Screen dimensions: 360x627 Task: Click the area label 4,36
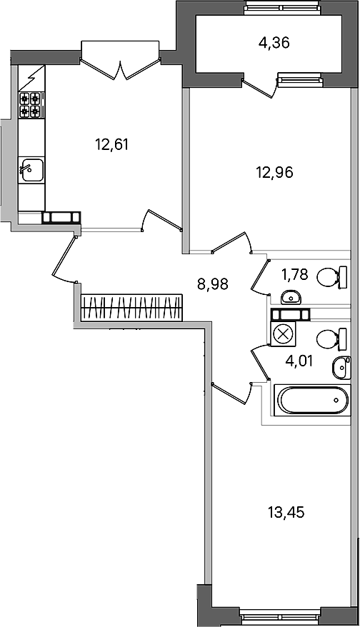274,42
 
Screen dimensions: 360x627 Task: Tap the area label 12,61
111,144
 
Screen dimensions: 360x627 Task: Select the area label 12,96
274,172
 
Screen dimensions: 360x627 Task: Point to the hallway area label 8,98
213,284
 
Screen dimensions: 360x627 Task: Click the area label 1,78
294,275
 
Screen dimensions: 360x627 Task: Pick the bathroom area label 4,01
299,361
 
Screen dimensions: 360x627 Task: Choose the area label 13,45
286,511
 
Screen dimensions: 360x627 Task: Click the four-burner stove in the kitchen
31,105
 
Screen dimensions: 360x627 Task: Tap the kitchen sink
31,170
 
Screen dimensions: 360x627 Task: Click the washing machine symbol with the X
283,334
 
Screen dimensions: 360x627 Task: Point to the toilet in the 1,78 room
332,277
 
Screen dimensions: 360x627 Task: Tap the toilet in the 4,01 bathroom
331,339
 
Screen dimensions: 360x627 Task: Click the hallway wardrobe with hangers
131,308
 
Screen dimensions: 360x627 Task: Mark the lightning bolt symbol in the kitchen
31,79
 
